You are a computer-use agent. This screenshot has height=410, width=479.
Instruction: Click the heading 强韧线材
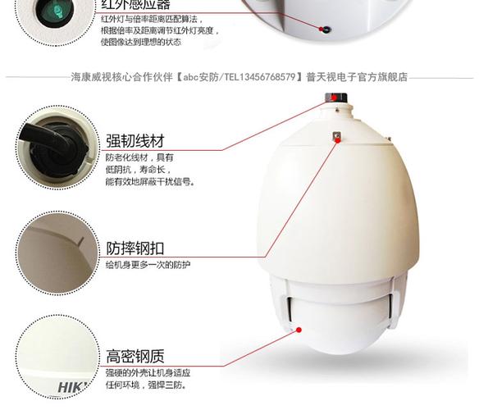tap(135, 139)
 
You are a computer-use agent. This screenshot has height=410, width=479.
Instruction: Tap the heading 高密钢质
tap(135, 357)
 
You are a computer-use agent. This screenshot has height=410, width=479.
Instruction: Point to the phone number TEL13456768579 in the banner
tap(259, 78)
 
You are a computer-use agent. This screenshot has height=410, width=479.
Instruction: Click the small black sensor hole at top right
tap(326, 30)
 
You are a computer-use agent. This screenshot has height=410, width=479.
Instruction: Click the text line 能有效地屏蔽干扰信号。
tap(150, 182)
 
